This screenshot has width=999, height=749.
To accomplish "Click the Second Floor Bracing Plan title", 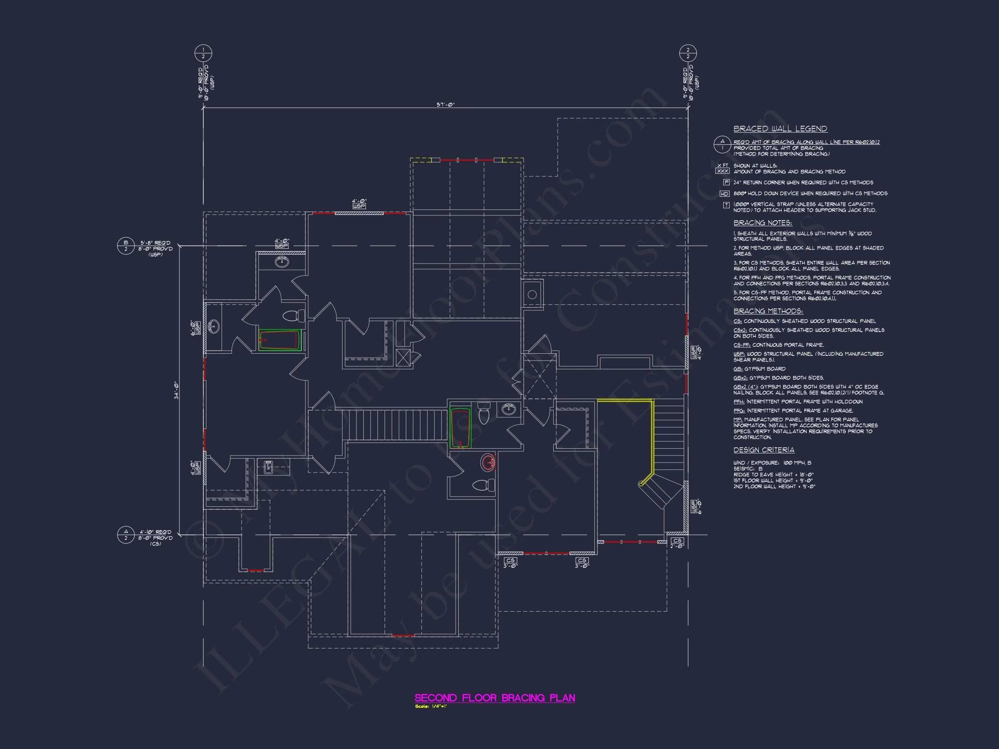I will (495, 697).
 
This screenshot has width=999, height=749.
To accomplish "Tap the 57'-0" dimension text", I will (445, 105).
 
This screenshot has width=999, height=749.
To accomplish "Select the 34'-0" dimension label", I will (176, 390).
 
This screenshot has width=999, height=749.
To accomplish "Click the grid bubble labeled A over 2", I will (126, 534).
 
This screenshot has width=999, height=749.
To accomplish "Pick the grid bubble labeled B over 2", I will (126, 246).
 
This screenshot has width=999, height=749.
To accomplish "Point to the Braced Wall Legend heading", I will (780, 129).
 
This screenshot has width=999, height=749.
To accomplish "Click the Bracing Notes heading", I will (762, 223).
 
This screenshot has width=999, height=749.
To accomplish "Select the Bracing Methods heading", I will (768, 311).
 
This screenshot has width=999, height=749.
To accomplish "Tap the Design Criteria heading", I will (764, 450).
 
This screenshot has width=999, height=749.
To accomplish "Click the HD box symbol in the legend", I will (725, 194).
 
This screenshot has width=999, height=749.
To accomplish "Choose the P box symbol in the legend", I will (726, 182).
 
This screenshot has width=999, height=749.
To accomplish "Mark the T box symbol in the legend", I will (726, 205).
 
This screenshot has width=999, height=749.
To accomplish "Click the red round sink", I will (488, 462).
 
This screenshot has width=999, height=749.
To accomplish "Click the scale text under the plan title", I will (431, 707).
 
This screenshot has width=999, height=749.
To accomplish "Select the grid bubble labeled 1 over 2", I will (203, 53).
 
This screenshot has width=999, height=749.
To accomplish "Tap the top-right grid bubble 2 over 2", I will (688, 53).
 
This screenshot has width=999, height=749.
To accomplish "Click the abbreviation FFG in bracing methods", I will (739, 411).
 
